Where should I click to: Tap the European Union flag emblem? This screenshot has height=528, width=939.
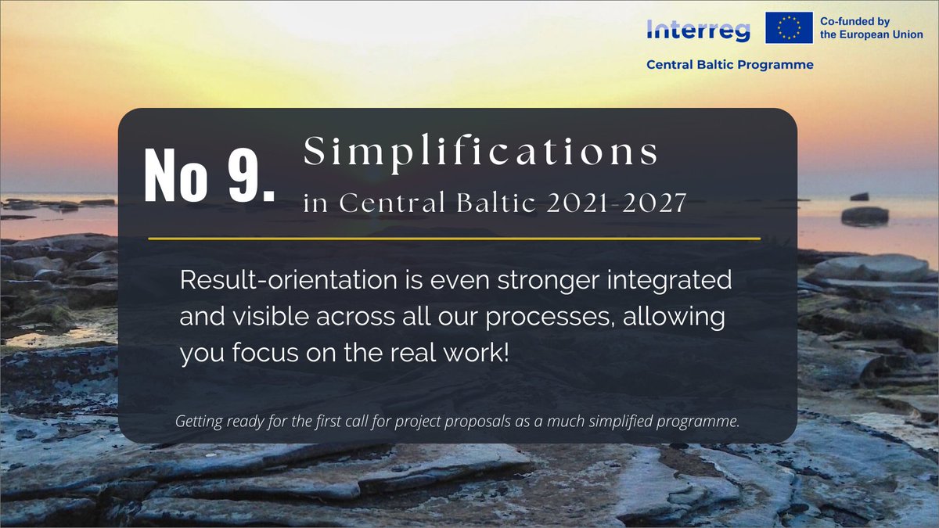[x=789, y=27]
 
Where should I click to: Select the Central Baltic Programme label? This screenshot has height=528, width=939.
[x=729, y=65]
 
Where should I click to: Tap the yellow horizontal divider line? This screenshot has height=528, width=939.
[x=454, y=238]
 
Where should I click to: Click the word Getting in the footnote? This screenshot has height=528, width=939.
[x=200, y=422]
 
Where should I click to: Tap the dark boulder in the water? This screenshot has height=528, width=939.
[x=864, y=215]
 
